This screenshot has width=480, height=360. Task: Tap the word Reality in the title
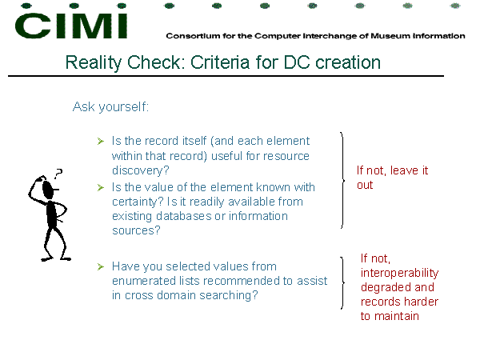tap(94, 63)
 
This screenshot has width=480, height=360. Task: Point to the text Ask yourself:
tap(110, 107)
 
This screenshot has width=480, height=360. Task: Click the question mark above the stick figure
tap(58, 174)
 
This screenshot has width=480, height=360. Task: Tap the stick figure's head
tap(48, 190)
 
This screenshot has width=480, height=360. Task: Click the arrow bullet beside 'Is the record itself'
tap(101, 141)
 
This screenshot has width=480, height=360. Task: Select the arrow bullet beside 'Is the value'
tap(101, 187)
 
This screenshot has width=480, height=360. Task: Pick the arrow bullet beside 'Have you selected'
tap(101, 266)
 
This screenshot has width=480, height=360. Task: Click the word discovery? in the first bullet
tap(140, 170)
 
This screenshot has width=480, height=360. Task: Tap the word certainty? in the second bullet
tap(138, 202)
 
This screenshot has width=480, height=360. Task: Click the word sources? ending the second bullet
tap(136, 230)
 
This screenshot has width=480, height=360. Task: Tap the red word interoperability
tap(399, 273)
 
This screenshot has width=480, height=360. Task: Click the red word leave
tap(404, 170)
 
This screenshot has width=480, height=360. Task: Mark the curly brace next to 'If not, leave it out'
tap(342, 180)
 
